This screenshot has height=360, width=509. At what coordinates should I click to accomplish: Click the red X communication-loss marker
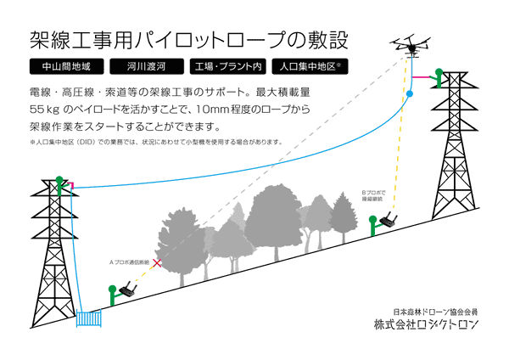[157, 264]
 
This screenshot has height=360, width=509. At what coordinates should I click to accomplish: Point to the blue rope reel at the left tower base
[87, 319]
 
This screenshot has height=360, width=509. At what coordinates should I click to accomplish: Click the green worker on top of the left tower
[59, 181]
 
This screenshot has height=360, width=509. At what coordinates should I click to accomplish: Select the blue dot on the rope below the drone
[410, 94]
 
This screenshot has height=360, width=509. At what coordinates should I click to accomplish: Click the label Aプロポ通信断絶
[129, 262]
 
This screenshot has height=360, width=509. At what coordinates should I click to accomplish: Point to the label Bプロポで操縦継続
[373, 196]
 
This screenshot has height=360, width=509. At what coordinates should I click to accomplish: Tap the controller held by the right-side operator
[389, 223]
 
